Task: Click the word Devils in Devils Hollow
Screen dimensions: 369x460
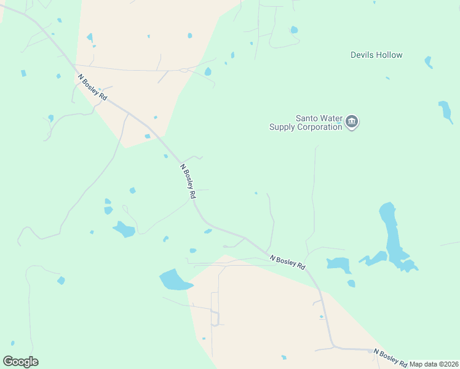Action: (362, 55)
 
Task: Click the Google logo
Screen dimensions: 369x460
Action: (20, 362)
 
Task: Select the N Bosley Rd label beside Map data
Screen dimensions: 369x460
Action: (391, 357)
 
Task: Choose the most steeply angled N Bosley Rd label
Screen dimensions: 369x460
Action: (188, 180)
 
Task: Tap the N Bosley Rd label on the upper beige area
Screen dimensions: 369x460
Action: (93, 88)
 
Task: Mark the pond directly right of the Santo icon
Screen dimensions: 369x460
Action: (445, 111)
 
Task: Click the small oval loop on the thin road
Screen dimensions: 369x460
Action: (183, 70)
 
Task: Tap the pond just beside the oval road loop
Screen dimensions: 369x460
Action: (208, 72)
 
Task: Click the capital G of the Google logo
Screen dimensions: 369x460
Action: (8, 362)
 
